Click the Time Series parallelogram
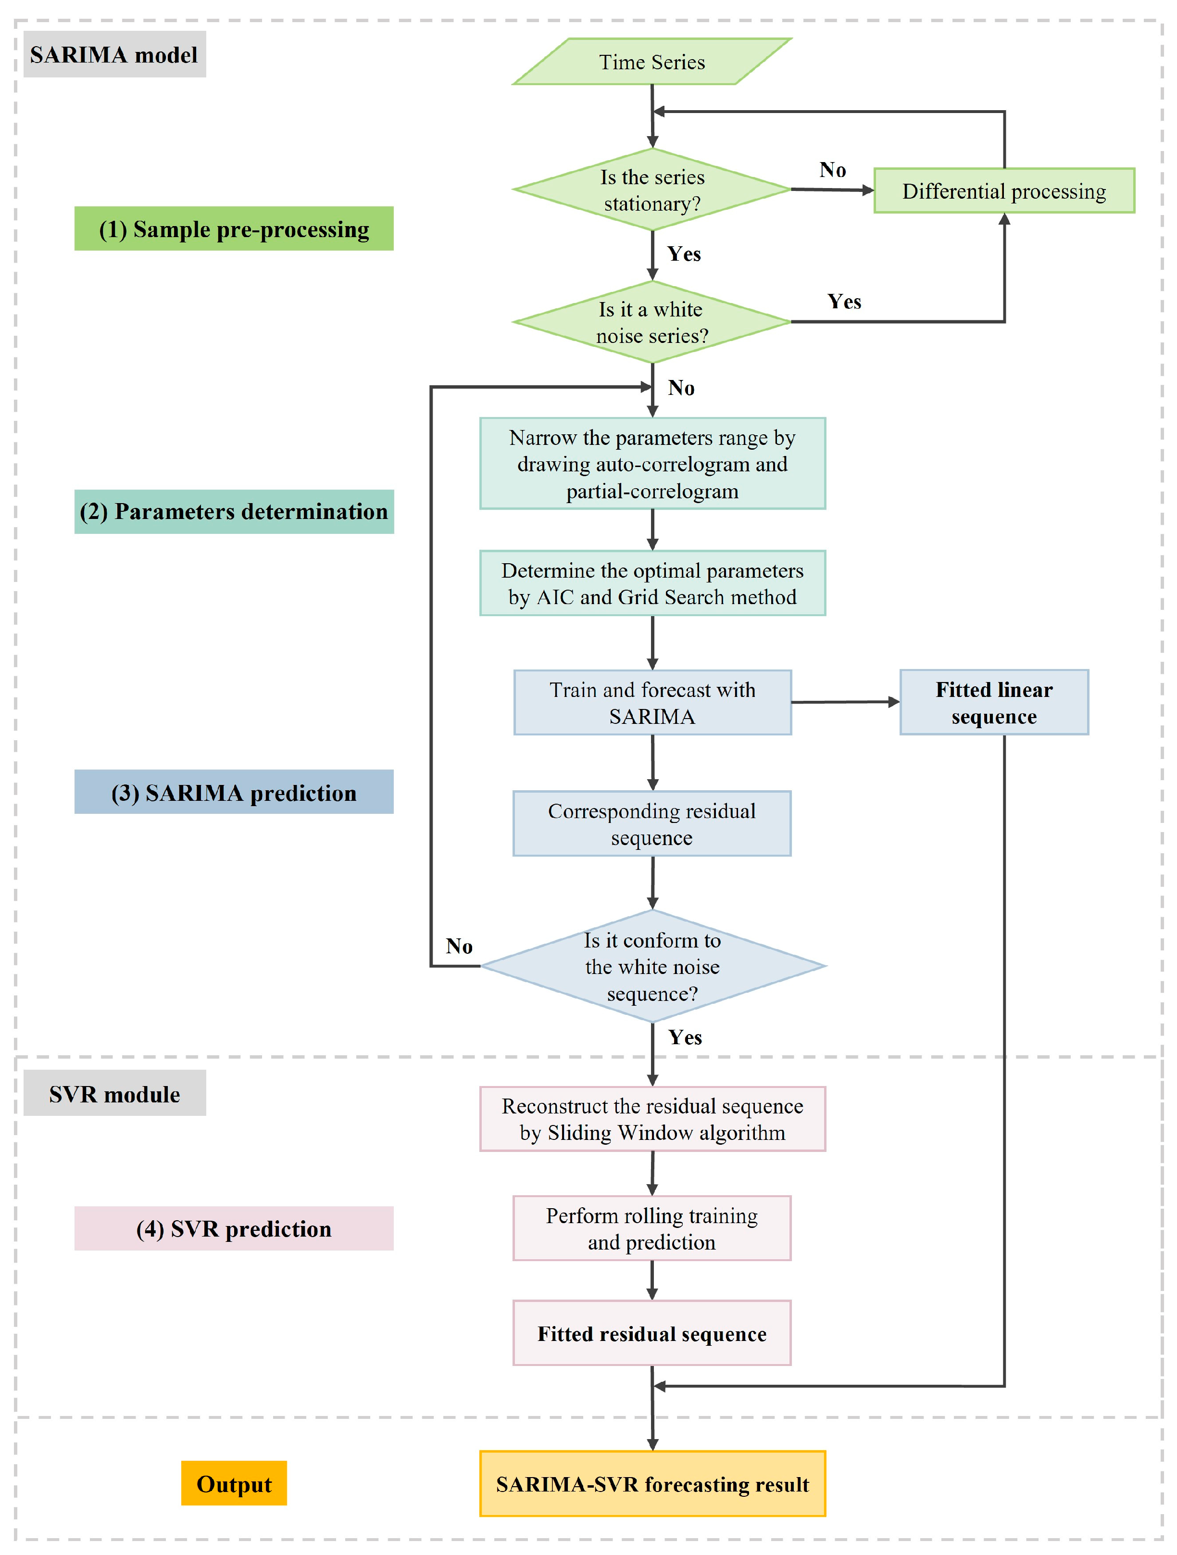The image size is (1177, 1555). (652, 62)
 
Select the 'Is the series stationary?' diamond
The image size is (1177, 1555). (652, 190)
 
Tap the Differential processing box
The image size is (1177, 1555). (1004, 190)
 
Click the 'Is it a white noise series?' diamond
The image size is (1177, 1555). (652, 322)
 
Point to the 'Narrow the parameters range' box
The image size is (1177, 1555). (652, 464)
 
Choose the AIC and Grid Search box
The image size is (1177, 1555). (652, 583)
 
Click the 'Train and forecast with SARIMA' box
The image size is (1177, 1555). (652, 703)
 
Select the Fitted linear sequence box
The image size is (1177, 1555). (994, 703)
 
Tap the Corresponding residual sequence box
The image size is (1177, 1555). (652, 824)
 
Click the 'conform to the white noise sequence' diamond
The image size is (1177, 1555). (652, 967)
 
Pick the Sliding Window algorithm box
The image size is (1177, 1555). (652, 1119)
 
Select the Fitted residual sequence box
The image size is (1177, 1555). (652, 1334)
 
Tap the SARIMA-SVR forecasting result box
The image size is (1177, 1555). (652, 1484)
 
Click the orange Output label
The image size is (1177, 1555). (234, 1483)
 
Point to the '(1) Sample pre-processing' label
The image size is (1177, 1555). (234, 228)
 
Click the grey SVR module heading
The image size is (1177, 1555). (114, 1093)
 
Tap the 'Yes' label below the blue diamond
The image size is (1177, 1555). (685, 1037)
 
